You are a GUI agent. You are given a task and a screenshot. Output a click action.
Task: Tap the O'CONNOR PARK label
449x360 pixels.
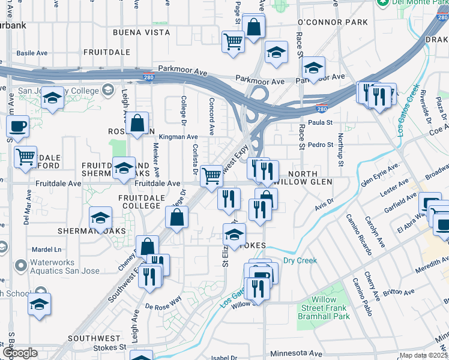click(332, 22)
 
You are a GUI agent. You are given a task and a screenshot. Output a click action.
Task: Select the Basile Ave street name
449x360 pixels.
click(32, 53)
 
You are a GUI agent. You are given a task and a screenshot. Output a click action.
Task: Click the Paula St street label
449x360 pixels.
click(320, 122)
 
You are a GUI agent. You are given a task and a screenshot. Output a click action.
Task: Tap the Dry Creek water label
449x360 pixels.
click(300, 260)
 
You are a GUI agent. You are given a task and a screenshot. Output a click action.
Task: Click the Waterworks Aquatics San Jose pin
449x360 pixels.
click(21, 265)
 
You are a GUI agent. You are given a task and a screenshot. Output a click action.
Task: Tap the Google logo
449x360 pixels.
click(19, 353)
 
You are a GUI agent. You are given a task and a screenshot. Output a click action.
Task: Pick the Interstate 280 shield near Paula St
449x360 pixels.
click(322, 109)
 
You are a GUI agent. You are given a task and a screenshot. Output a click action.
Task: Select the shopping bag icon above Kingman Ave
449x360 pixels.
click(137, 123)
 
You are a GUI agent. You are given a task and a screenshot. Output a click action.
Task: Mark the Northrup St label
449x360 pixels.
click(340, 150)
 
